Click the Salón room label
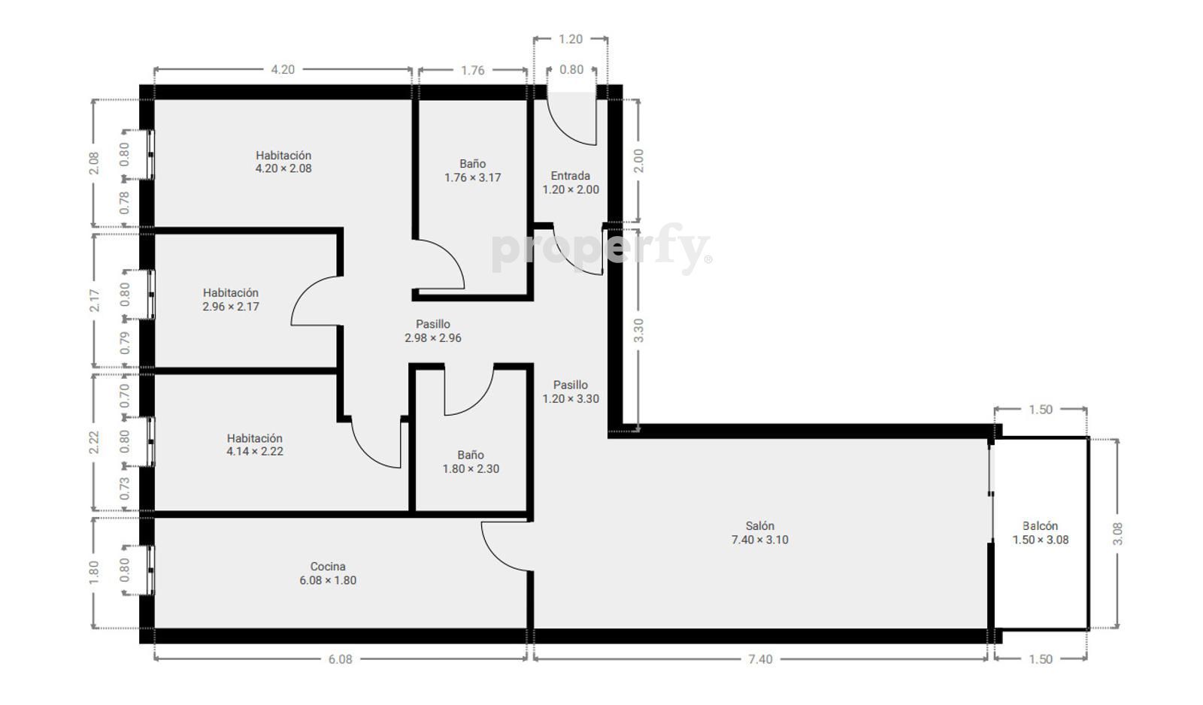click(x=760, y=533)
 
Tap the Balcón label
click(x=1041, y=533)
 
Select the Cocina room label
click(x=328, y=573)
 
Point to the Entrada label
click(x=571, y=183)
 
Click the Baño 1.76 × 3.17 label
click(x=473, y=170)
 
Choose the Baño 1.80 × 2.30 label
click(x=471, y=461)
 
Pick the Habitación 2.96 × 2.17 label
click(x=231, y=300)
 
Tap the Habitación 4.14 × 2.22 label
click(x=255, y=445)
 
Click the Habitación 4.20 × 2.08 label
click(x=283, y=162)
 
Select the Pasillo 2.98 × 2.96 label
click(x=433, y=331)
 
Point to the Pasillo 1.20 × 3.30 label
click(x=571, y=392)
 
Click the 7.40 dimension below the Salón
click(x=760, y=659)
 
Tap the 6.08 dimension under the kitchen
click(x=341, y=659)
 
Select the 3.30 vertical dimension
click(x=638, y=330)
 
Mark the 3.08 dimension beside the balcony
click(x=1117, y=534)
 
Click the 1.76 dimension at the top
click(x=473, y=71)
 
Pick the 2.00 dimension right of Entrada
click(x=638, y=161)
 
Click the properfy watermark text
click(x=601, y=249)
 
